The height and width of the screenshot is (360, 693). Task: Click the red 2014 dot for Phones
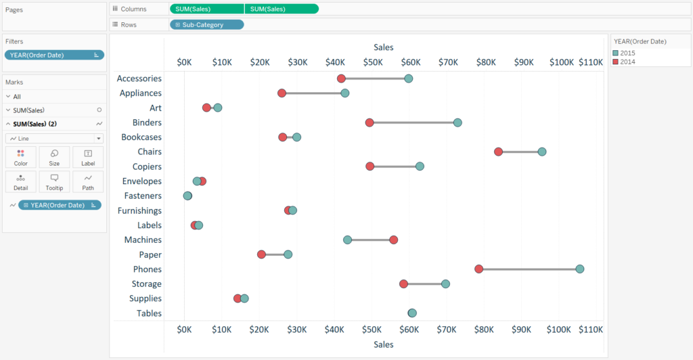click(479, 269)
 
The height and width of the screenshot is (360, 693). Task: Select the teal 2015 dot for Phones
click(580, 269)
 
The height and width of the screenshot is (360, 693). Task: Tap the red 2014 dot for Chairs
click(498, 152)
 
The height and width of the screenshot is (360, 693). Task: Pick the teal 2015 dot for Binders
click(457, 122)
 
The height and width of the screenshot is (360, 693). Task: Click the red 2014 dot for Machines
click(393, 240)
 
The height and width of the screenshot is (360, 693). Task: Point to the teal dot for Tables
click(412, 313)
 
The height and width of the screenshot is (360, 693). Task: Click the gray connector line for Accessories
click(374, 78)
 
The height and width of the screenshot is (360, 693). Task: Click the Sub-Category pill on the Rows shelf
click(206, 24)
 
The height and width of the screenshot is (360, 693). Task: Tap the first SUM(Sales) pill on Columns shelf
click(206, 9)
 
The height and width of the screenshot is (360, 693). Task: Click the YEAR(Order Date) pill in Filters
click(54, 55)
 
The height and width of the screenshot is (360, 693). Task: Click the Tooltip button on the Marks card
click(54, 181)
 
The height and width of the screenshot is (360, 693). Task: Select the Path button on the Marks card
click(88, 181)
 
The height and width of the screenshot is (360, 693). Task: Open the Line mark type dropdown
click(54, 138)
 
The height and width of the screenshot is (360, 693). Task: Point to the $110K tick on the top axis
click(591, 62)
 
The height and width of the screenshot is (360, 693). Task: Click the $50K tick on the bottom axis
click(372, 330)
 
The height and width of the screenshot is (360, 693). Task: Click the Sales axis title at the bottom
click(383, 344)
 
